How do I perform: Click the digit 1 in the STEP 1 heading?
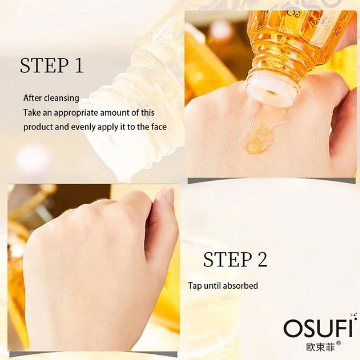point(78,65)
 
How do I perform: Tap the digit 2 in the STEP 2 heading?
point(262,259)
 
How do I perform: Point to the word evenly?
point(83,127)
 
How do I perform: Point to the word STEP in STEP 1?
point(44,66)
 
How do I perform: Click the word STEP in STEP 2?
point(227,259)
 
